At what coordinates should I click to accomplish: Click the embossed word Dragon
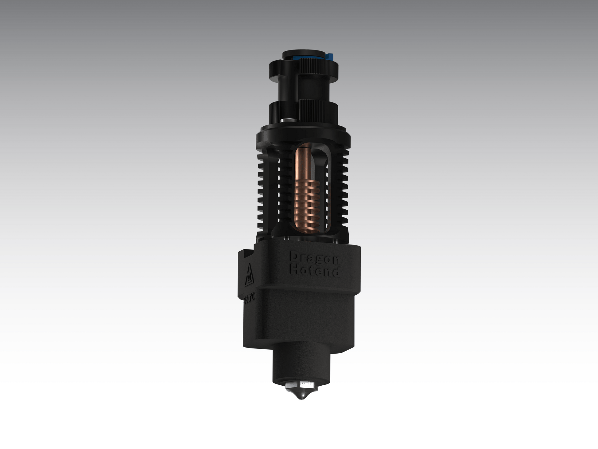click(314, 259)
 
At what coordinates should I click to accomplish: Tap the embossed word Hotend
click(314, 271)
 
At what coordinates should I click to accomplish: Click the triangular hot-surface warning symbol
click(249, 275)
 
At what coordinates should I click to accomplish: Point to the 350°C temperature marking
click(249, 299)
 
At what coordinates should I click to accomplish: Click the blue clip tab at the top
click(330, 57)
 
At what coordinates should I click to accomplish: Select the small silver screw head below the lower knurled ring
click(287, 121)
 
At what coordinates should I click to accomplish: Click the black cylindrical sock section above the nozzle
click(301, 366)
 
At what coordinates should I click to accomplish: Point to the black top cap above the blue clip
click(303, 53)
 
